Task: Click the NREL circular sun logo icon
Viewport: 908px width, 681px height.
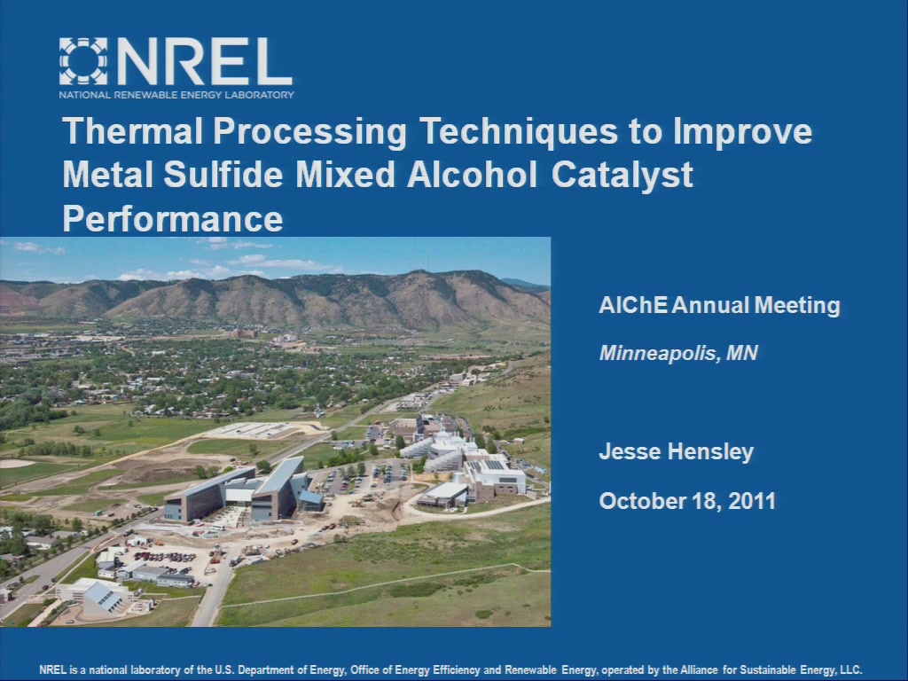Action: click(x=83, y=61)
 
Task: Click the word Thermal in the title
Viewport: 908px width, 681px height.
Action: click(x=133, y=131)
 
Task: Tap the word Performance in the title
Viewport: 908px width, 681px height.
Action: click(x=173, y=219)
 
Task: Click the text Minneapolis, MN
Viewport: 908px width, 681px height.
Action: click(x=678, y=353)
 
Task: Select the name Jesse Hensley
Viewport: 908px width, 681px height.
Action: click(x=677, y=451)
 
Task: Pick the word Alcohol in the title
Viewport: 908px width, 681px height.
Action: click(x=472, y=175)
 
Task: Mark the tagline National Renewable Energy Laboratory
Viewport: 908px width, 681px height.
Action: click(x=176, y=95)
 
